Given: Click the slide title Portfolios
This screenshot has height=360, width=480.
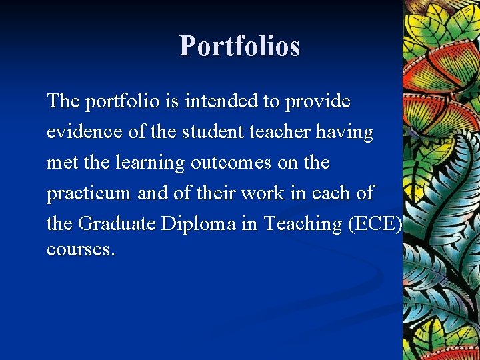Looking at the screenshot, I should click(x=239, y=46).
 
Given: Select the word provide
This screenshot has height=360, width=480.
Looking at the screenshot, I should click(x=317, y=101).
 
